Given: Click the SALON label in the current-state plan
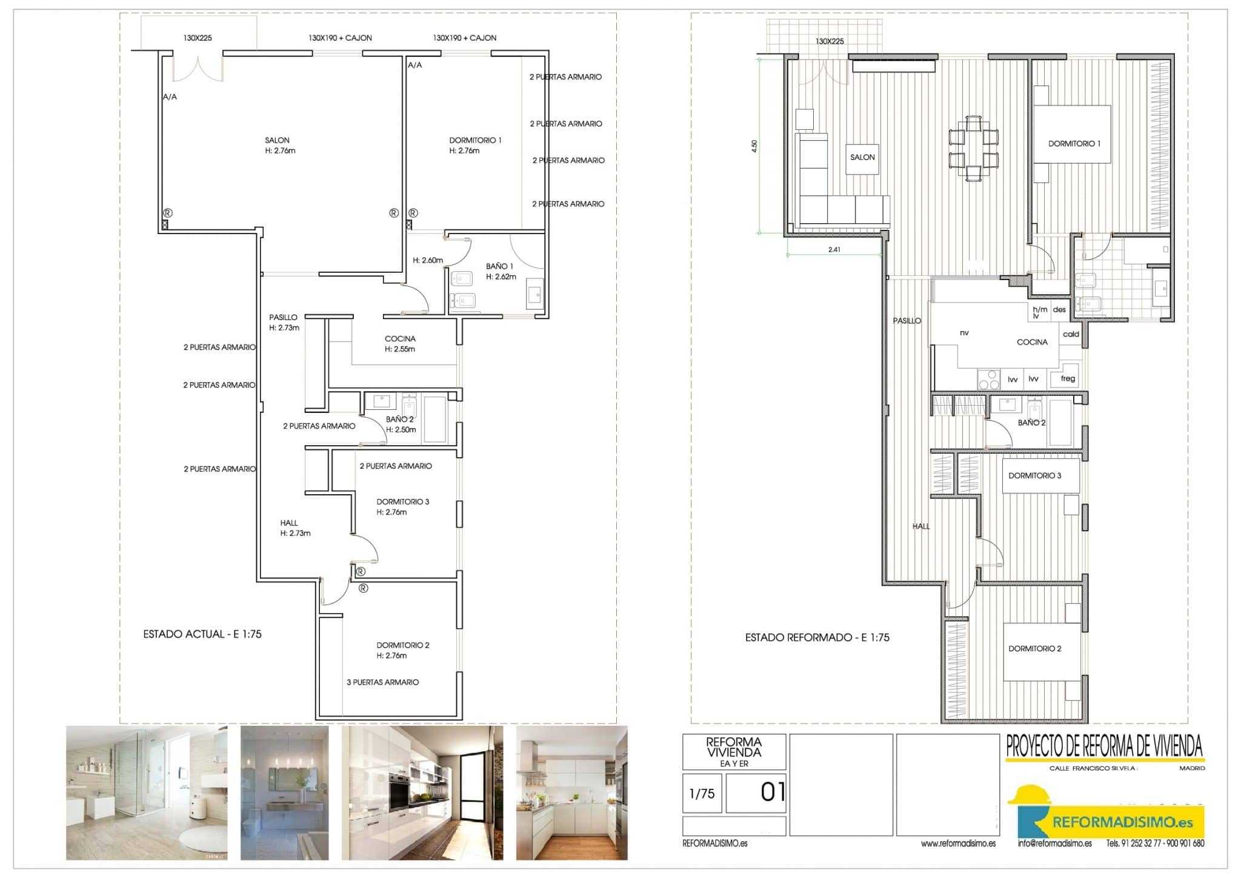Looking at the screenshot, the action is click(277, 140).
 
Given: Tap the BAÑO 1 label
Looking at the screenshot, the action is click(499, 266).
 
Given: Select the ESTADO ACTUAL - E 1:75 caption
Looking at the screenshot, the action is click(202, 634).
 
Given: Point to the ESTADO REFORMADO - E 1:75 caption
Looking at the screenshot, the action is click(817, 637).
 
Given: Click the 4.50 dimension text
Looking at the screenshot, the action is click(754, 146).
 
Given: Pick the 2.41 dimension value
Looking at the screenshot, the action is click(834, 249).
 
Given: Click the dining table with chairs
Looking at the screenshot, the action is click(974, 149).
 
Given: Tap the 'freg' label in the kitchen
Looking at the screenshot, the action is click(1068, 378).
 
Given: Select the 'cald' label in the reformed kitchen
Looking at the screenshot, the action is click(1071, 334).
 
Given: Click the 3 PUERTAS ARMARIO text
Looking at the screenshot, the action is click(382, 682).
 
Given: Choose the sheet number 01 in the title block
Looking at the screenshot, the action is click(773, 792).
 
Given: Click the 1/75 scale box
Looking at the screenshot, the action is click(702, 793).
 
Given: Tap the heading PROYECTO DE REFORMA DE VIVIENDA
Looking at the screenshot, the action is click(1105, 747).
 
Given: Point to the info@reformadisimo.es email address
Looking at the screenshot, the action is click(1055, 843).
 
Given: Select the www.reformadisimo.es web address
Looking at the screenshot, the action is click(959, 843).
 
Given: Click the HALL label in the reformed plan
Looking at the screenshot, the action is click(921, 526).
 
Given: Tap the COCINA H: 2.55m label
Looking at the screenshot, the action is click(400, 344).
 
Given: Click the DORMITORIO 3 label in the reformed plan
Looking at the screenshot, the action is click(1035, 475).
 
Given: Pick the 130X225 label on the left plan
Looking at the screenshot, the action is click(198, 38).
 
